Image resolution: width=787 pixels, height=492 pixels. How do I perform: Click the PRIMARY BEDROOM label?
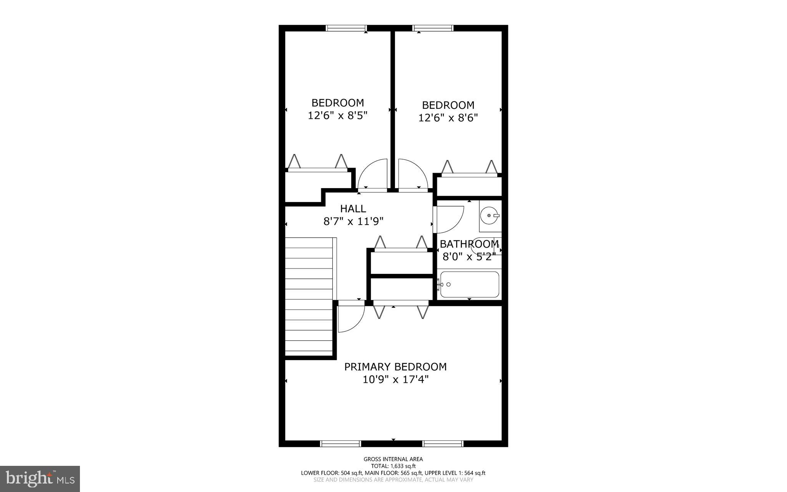pyautogui.click(x=395, y=367)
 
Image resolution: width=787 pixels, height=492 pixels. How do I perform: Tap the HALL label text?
pyautogui.click(x=353, y=208)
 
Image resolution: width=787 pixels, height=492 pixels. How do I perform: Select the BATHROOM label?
pyautogui.click(x=469, y=244)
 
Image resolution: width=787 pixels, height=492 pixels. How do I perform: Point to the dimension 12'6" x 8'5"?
pyautogui.click(x=337, y=115)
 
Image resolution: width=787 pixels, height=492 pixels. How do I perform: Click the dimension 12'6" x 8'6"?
pyautogui.click(x=448, y=118)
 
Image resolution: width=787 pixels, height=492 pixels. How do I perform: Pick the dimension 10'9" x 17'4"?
pyautogui.click(x=395, y=380)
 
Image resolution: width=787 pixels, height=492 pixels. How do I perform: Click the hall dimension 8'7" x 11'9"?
pyautogui.click(x=354, y=221)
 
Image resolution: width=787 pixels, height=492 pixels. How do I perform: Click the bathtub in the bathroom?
pyautogui.click(x=469, y=285)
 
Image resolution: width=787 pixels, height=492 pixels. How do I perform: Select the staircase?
pyautogui.click(x=309, y=297)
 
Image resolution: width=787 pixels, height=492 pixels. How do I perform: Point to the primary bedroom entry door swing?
pyautogui.click(x=350, y=318)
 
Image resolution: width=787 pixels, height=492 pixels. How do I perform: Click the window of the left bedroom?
pyautogui.click(x=346, y=28)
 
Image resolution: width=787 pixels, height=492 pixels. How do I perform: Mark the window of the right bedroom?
pyautogui.click(x=433, y=28)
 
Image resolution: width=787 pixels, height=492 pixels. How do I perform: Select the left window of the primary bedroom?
pyautogui.click(x=340, y=444)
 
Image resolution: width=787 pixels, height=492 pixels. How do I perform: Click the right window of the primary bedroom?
pyautogui.click(x=443, y=444)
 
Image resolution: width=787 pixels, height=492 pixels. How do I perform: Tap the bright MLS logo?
pyautogui.click(x=40, y=479)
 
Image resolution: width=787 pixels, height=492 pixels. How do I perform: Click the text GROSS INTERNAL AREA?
pyautogui.click(x=393, y=459)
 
